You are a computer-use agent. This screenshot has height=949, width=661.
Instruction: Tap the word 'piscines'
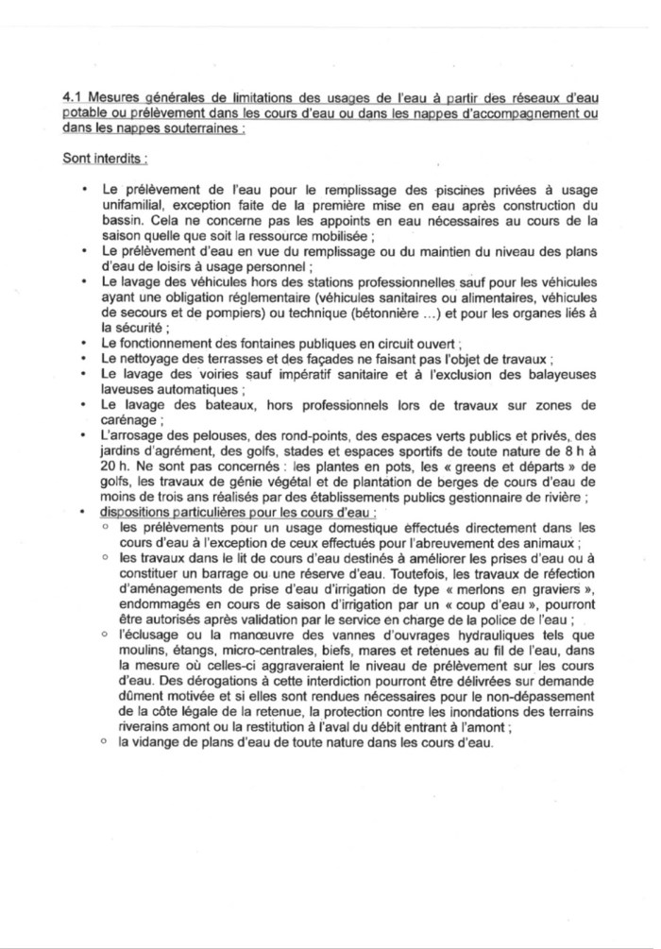click(x=429, y=189)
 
